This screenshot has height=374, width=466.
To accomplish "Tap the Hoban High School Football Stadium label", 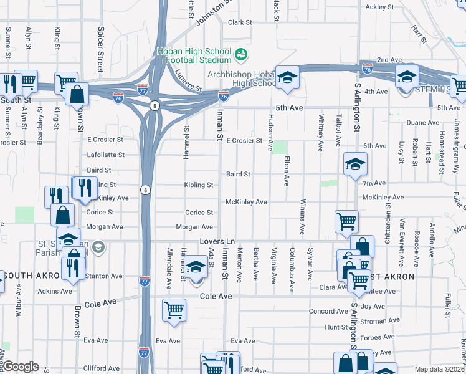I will click(194, 55).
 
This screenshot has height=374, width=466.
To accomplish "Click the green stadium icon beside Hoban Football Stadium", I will click(240, 55).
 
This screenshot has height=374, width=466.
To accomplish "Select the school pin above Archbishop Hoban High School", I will click(287, 77).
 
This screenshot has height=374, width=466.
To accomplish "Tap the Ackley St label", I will click(381, 7).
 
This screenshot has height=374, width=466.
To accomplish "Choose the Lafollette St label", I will click(107, 155).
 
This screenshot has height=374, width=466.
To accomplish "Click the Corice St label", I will click(199, 213).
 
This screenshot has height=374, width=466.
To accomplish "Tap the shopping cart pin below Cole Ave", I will click(174, 309).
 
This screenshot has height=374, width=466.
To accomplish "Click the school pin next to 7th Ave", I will click(355, 165).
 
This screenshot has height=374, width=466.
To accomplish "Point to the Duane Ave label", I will click(423, 123).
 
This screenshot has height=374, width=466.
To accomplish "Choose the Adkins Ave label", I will click(55, 291).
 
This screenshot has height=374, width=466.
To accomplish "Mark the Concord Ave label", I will click(328, 311).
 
